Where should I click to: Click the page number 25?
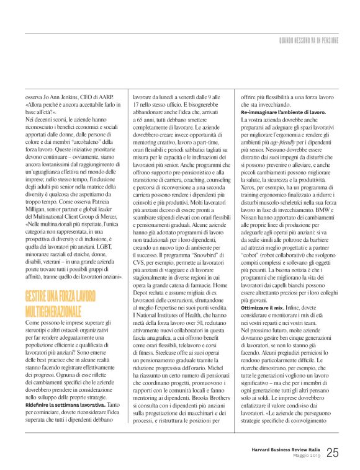(332, 453)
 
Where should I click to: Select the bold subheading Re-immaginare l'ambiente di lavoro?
(283, 112)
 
